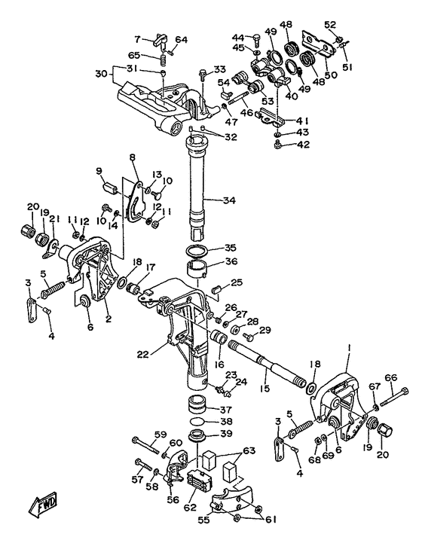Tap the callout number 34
[229, 200]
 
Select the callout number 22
[143, 354]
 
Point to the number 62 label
[190, 507]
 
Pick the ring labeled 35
[197, 251]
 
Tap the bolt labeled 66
[395, 396]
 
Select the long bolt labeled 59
[145, 444]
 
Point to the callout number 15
[265, 389]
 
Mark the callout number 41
[301, 121]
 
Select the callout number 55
[205, 519]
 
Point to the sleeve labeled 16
[219, 337]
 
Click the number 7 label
[138, 40]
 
